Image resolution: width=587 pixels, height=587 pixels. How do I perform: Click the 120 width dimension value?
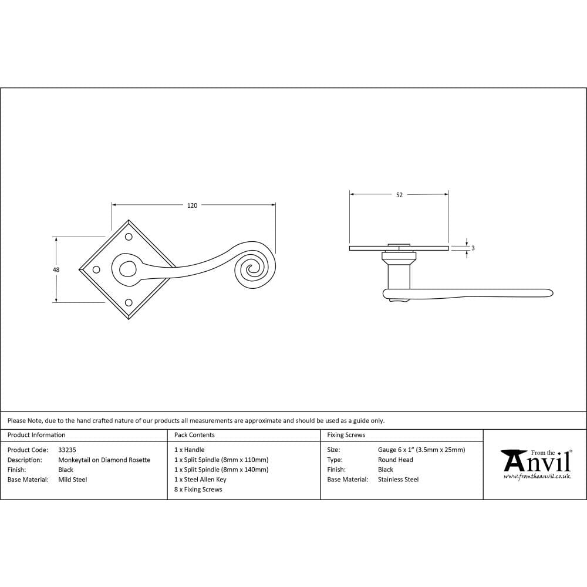[x=192, y=205]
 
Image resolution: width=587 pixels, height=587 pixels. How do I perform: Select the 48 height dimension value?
[x=56, y=269]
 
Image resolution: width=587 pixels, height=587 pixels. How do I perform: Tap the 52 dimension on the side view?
[x=399, y=195]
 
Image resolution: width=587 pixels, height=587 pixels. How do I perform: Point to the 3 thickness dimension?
[x=473, y=248]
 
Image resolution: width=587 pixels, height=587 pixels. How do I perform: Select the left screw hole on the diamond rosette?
[x=96, y=269]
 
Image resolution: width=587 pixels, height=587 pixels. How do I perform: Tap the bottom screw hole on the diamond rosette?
[x=128, y=303]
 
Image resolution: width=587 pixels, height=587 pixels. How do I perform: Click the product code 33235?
[x=67, y=450]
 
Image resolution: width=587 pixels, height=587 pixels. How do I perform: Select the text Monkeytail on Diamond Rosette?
[x=104, y=460]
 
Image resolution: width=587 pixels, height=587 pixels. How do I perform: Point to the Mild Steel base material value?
[x=72, y=480]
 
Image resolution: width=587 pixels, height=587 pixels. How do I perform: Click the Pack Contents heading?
[x=194, y=435]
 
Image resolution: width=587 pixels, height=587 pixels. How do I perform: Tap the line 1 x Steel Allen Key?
[x=200, y=480]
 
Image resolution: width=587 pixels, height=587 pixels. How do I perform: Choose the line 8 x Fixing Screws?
[x=198, y=490]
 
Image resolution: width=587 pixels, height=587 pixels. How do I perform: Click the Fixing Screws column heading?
[x=346, y=435]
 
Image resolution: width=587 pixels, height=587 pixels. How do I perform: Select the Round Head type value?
[x=395, y=460]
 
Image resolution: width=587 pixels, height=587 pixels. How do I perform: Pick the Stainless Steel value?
[x=398, y=480]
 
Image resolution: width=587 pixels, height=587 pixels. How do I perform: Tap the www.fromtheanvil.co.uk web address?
[x=537, y=477]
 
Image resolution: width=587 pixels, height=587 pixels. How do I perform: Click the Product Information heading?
[x=36, y=435]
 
